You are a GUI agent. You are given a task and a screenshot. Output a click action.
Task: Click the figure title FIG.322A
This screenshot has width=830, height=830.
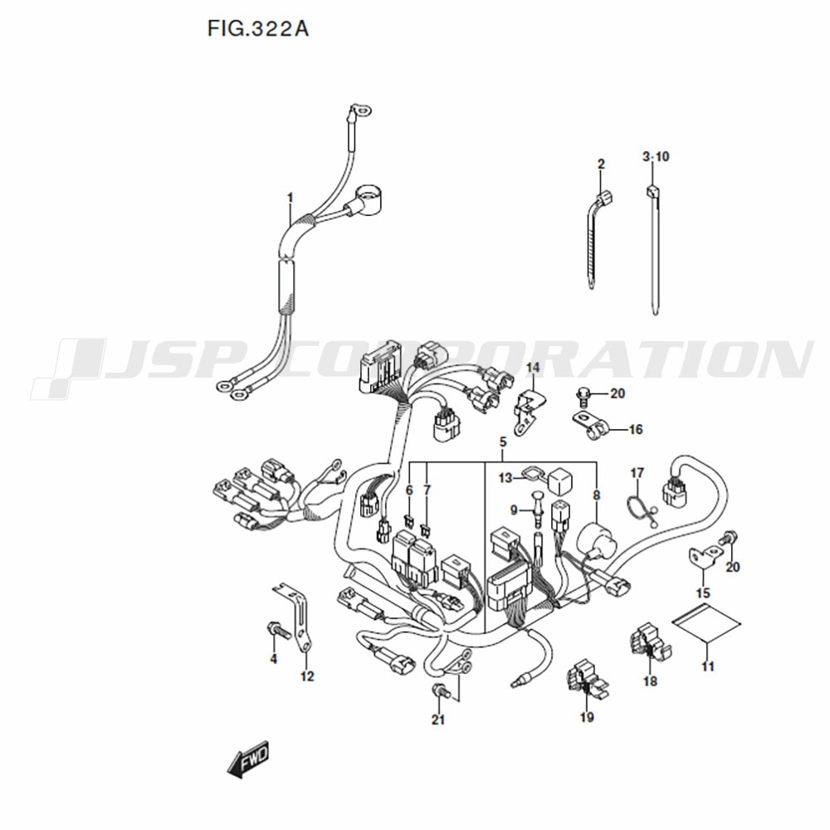click(258, 28)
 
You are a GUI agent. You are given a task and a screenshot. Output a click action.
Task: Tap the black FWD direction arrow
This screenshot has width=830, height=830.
click(248, 759)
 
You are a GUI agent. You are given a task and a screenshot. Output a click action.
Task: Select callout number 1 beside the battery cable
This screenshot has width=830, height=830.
click(290, 198)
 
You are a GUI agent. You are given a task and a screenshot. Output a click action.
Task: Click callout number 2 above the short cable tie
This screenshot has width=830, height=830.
click(601, 164)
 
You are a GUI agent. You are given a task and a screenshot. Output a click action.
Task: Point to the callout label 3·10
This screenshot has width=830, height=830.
click(656, 157)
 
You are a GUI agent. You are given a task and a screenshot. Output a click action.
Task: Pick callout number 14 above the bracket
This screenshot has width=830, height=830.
click(533, 367)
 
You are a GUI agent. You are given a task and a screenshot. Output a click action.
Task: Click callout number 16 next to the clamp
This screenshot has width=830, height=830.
click(635, 429)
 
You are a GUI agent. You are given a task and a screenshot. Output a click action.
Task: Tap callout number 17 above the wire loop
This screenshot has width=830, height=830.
click(637, 473)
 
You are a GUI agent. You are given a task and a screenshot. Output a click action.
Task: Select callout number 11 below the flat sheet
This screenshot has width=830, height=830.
click(708, 666)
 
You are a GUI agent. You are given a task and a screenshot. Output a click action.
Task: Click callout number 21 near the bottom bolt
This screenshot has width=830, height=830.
click(437, 720)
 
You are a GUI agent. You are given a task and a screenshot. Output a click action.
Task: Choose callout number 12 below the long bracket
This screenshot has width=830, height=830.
click(307, 676)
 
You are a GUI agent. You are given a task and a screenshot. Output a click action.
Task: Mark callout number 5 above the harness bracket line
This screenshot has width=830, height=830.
click(503, 442)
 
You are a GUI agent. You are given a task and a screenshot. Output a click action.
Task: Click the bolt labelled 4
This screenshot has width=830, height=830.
click(276, 629)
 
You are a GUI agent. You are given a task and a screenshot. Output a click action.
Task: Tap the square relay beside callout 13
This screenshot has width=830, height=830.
click(561, 479)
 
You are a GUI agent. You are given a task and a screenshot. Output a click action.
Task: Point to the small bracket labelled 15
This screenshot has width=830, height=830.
click(705, 559)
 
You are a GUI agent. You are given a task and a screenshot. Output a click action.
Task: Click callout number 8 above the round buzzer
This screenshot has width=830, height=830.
click(597, 496)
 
